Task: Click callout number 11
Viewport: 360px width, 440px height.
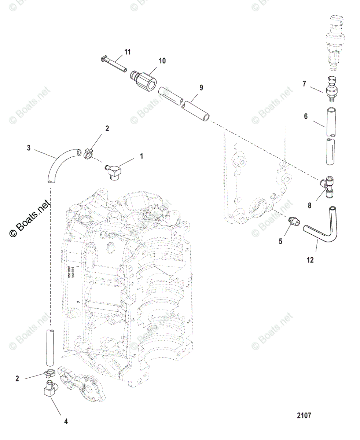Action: (x=127, y=52)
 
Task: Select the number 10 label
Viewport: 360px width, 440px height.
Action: (x=162, y=61)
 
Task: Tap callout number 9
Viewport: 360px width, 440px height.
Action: (x=201, y=88)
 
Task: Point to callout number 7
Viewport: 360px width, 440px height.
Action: (x=304, y=84)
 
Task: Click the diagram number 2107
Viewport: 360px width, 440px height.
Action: (x=304, y=416)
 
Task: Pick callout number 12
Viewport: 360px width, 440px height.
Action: (x=310, y=260)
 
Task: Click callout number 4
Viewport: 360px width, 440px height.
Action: (x=66, y=422)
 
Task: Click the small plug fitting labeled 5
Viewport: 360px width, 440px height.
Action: (x=294, y=221)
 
